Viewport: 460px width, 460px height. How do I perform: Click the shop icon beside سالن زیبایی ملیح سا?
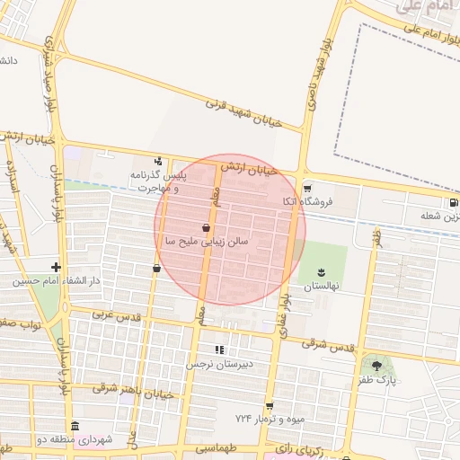[208, 228]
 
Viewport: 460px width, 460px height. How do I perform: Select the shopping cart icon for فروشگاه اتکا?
[308, 189]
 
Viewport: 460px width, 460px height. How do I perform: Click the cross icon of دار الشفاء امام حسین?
[57, 267]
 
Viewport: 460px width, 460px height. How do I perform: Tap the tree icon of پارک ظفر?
[376, 366]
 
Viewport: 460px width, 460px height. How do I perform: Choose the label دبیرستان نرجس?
[216, 365]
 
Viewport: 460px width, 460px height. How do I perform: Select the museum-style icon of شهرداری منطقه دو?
[75, 426]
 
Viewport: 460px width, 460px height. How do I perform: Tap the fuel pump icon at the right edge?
[453, 203]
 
